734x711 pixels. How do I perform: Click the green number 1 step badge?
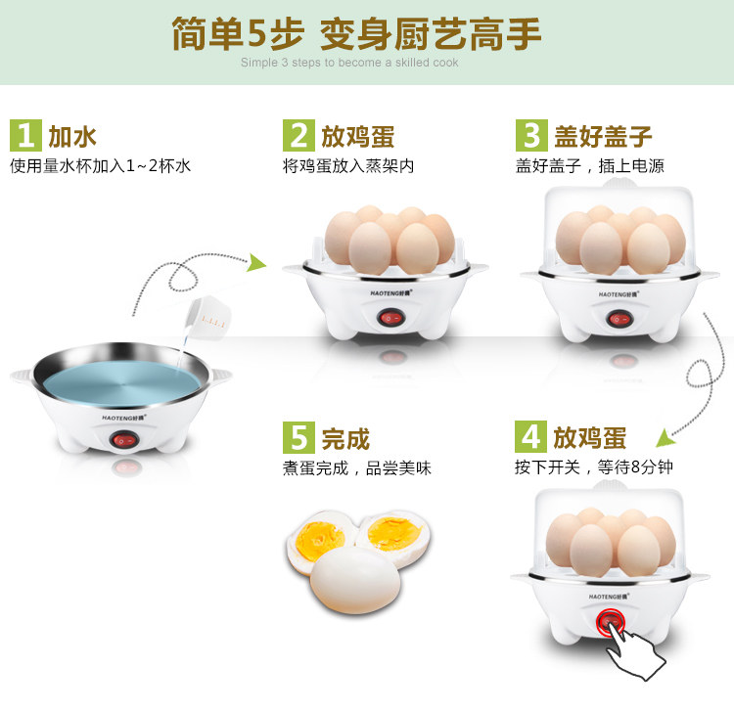tap(25, 135)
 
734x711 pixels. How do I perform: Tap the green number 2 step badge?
tap(298, 135)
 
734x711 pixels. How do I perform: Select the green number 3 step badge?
tap(532, 135)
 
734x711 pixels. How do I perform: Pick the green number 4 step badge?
tap(532, 436)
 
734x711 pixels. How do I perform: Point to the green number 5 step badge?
tap(298, 437)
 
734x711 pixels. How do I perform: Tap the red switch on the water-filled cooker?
tap(124, 441)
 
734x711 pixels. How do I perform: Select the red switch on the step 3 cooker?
tap(619, 317)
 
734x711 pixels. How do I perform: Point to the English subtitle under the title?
tap(349, 63)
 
